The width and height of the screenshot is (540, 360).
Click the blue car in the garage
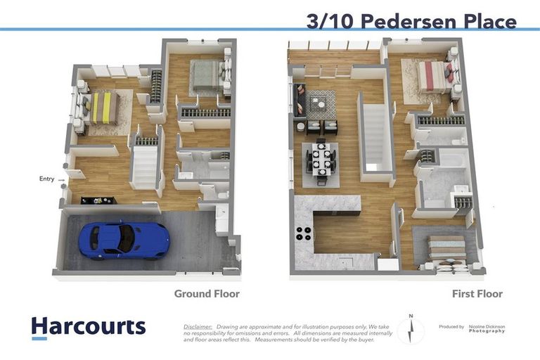[124, 240]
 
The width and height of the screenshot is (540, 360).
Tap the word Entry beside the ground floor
[46, 179]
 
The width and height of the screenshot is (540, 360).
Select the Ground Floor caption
[207, 294]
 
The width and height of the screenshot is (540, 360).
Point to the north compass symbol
[411, 329]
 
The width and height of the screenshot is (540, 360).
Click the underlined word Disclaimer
[198, 327]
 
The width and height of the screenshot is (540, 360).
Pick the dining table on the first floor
[321, 163]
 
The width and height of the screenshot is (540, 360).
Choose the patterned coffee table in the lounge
[321, 104]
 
